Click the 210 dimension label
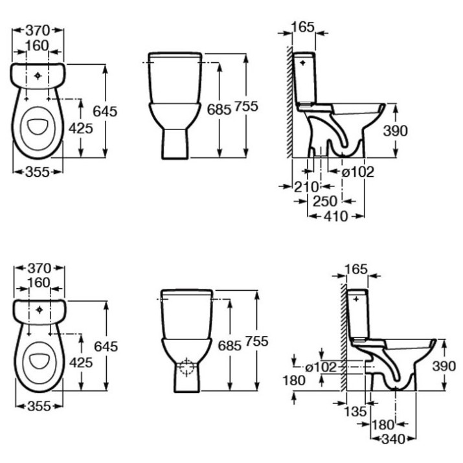pyautogui.click(x=306, y=186)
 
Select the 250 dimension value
pyautogui.click(x=325, y=201)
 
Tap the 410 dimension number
pyautogui.click(x=335, y=216)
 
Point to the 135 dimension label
pyautogui.click(x=356, y=411)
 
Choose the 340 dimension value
pyautogui.click(x=393, y=440)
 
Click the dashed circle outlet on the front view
pyautogui.click(x=186, y=367)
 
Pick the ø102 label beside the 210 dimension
pyautogui.click(x=357, y=172)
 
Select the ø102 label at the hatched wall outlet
pyautogui.click(x=321, y=367)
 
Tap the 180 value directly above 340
pyautogui.click(x=383, y=425)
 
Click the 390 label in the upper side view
pyautogui.click(x=395, y=131)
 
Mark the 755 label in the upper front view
pyautogui.click(x=246, y=106)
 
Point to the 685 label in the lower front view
pyautogui.click(x=229, y=346)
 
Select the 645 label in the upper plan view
pyautogui.click(x=105, y=111)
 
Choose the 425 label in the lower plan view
pyautogui.click(x=81, y=363)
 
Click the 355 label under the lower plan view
pyautogui.click(x=39, y=407)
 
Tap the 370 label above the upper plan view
pyautogui.click(x=38, y=30)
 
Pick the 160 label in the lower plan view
pyautogui.click(x=39, y=283)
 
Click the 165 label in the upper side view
pyautogui.click(x=303, y=27)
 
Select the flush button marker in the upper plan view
pyautogui.click(x=38, y=76)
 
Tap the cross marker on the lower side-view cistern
pyautogui.click(x=356, y=299)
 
